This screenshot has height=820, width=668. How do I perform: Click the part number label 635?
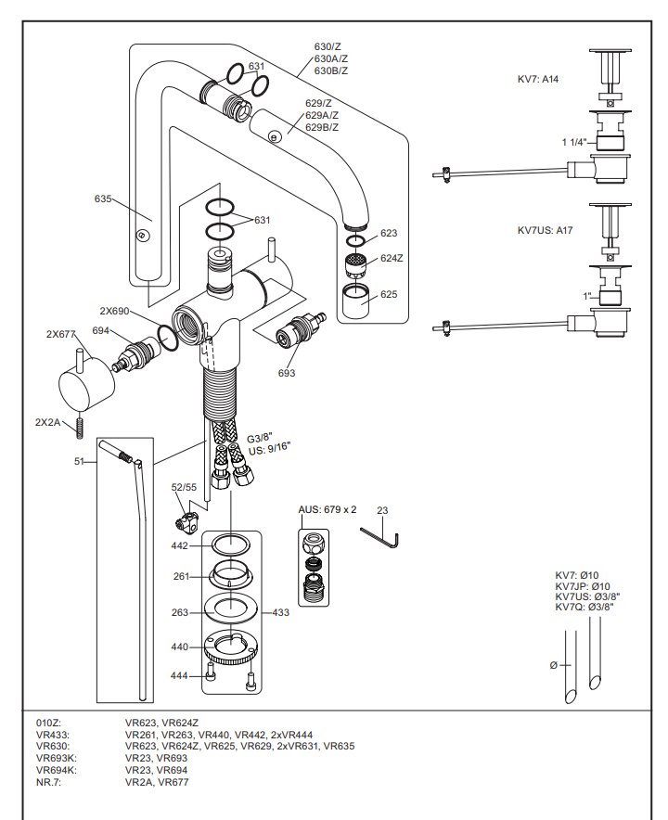102,199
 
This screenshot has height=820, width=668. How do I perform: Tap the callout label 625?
388,294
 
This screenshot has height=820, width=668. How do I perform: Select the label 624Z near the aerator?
392,258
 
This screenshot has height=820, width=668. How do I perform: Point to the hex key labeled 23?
379,536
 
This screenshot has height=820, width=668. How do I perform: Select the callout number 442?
179,546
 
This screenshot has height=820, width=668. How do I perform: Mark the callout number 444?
179,675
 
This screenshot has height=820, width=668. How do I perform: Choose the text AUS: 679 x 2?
328,510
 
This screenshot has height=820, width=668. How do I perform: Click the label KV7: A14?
537,80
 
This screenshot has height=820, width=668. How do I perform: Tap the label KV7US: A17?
545,230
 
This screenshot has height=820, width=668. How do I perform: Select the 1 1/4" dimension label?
575,142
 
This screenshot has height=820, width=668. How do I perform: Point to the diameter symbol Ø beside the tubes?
554,664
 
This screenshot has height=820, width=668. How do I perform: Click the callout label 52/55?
184,487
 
